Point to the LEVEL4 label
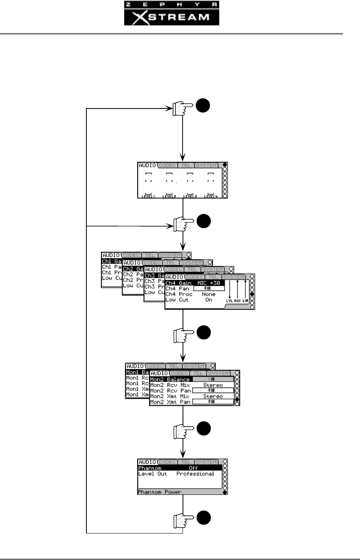[x=211, y=196]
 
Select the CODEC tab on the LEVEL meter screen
[x=168, y=165]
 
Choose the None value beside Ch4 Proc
[x=209, y=294]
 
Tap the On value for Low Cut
[x=209, y=300]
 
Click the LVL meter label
[x=229, y=301]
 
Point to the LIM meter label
[x=245, y=301]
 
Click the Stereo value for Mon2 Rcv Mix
[x=213, y=385]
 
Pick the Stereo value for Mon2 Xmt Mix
[x=213, y=396]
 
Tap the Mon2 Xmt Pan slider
[x=211, y=402]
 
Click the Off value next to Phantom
[x=193, y=468]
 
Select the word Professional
[x=195, y=474]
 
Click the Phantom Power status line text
[x=159, y=492]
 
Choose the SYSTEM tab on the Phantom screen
[x=207, y=462]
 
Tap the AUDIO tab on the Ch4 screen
[x=175, y=277]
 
